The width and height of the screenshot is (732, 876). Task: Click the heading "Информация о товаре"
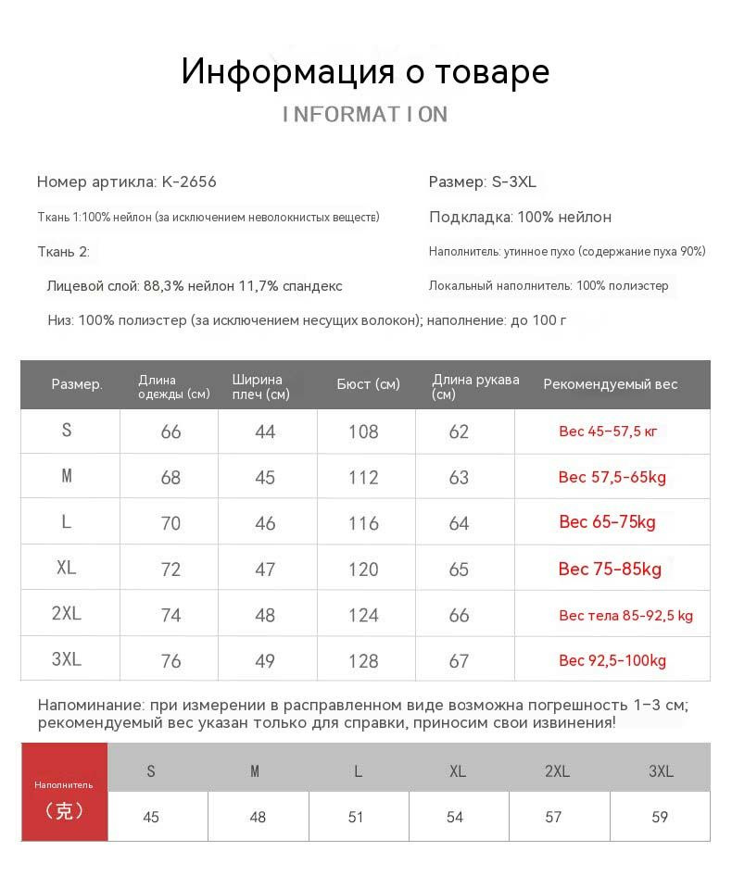coord(365,71)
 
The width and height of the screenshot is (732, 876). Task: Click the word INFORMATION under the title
coord(365,114)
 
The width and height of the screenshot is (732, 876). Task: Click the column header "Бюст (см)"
coord(368,384)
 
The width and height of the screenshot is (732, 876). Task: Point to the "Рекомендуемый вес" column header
coord(610,384)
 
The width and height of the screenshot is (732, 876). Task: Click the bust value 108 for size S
coord(363,432)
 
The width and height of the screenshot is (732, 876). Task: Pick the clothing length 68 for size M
coord(170,478)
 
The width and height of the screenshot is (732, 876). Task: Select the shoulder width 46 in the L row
coord(265,523)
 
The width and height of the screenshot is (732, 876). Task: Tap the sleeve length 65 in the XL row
coord(459,569)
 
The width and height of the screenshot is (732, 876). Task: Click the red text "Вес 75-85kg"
coord(610,569)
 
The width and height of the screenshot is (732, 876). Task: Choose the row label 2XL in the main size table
coord(67,614)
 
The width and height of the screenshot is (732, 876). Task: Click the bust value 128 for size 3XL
coord(363,661)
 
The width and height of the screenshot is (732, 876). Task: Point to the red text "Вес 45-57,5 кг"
coord(608,432)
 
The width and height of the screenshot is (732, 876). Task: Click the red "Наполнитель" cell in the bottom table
coord(64,793)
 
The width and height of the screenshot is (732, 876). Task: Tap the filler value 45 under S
coord(151,817)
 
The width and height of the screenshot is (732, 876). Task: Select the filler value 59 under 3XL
coord(660,817)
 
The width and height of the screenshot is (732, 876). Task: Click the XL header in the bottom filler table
coord(456,771)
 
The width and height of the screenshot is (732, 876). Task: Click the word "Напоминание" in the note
coord(88,705)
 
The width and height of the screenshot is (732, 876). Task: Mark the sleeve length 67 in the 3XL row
coord(459,661)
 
